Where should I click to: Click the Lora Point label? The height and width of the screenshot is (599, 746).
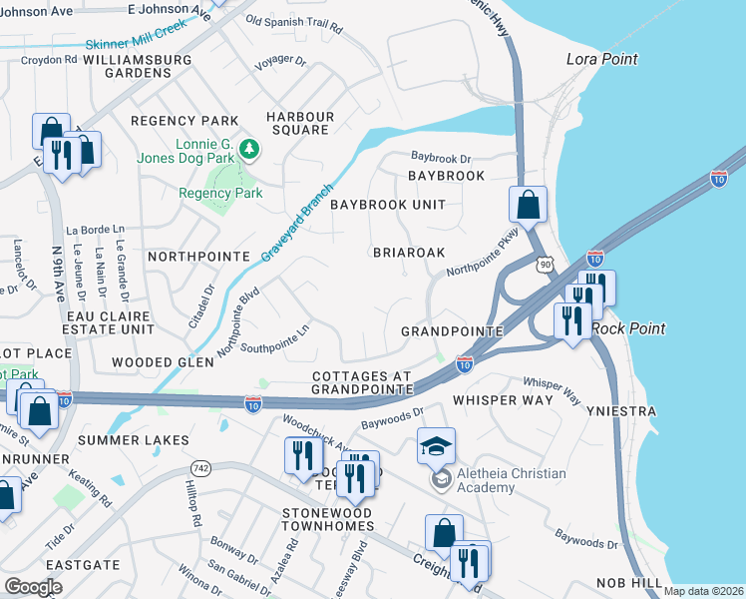tap(601, 59)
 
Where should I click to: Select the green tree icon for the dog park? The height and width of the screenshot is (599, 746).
tap(248, 150)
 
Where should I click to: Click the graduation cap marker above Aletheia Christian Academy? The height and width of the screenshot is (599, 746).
tap(437, 445)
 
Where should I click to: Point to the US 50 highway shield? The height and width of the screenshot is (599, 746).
tap(543, 263)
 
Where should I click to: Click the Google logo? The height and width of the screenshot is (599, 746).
tap(33, 587)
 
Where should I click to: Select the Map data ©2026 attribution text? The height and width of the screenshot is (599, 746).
tap(703, 591)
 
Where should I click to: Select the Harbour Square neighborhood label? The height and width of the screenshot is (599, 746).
tap(298, 122)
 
